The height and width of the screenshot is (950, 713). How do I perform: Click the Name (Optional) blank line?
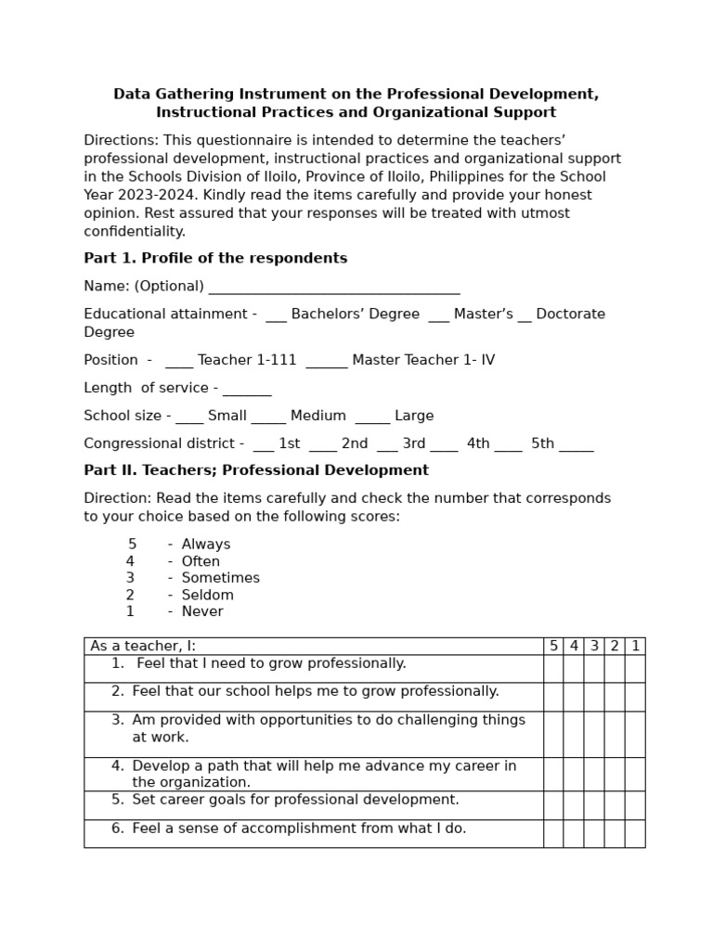point(334,287)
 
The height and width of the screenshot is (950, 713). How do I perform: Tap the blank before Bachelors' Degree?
point(276,315)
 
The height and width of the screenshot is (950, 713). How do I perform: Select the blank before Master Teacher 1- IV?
point(326,361)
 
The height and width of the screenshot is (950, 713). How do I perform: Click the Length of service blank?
point(247,389)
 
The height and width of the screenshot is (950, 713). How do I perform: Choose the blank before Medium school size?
point(268,417)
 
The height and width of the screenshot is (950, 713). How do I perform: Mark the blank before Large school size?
point(371,417)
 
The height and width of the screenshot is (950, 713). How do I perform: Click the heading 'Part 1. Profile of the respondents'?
point(215,259)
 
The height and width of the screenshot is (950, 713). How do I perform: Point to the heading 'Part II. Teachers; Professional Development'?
point(256,470)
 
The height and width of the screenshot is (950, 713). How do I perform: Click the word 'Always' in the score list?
point(206,545)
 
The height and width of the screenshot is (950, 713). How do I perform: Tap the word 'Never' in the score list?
point(202,611)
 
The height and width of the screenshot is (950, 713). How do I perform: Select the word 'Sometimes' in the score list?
point(221,578)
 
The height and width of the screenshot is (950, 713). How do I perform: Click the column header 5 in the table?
point(553,646)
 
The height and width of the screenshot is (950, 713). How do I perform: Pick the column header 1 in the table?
point(635,646)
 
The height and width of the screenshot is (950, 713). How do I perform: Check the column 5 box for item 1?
point(553,669)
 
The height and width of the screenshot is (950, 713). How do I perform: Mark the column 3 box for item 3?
point(594,734)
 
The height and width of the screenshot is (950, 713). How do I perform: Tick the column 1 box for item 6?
point(635,833)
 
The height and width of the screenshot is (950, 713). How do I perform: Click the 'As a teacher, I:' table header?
point(143,646)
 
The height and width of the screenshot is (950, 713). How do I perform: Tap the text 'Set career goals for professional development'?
point(295,800)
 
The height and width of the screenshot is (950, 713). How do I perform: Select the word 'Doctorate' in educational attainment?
point(571,315)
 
